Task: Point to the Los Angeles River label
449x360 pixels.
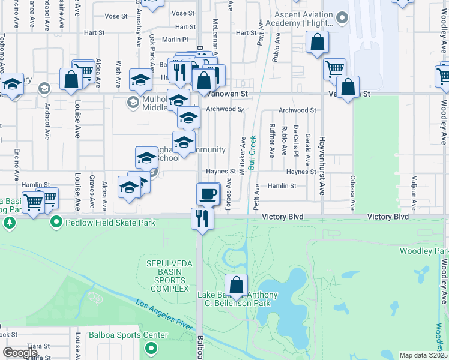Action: point(163,315)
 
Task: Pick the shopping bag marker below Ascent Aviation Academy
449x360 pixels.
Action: point(317,43)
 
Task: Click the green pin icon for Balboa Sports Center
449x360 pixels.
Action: point(152,347)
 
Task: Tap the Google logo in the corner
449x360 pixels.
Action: point(20,352)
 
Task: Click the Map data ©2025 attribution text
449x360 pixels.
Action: point(424,355)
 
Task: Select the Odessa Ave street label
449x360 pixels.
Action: point(352,193)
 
